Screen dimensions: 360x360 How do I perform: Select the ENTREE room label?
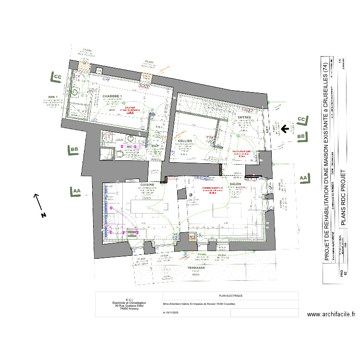[x=244, y=117]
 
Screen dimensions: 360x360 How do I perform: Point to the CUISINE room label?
[x=146, y=184]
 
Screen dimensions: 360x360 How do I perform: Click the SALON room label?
[x=235, y=184]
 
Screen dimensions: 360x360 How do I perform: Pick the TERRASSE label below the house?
[x=195, y=268]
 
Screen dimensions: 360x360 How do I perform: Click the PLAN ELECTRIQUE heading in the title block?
[x=231, y=296]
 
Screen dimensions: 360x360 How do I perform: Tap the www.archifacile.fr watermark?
[x=331, y=315]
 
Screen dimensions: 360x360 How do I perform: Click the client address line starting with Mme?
[x=199, y=304]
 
